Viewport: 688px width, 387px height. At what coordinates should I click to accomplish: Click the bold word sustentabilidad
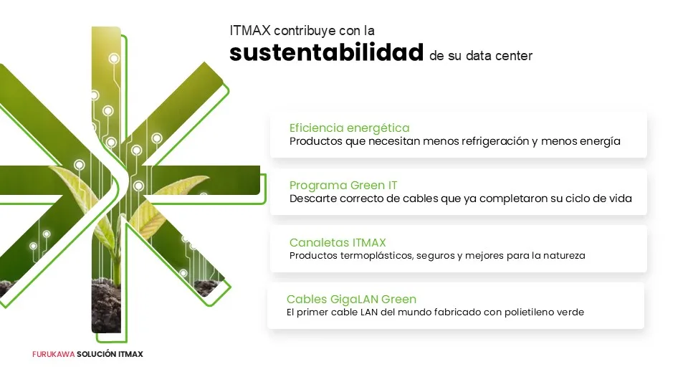point(327,52)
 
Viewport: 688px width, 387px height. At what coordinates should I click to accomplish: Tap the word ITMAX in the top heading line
point(249,31)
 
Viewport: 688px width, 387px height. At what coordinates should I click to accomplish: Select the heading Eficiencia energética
point(349,128)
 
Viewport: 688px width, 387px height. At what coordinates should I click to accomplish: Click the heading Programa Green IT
point(343,185)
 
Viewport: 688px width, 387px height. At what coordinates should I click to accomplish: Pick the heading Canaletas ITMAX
point(338,243)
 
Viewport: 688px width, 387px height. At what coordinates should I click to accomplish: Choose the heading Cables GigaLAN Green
point(351,300)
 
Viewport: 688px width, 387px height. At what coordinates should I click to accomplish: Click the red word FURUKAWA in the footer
point(54,354)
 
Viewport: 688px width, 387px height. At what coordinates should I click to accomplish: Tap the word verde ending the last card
point(570,312)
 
